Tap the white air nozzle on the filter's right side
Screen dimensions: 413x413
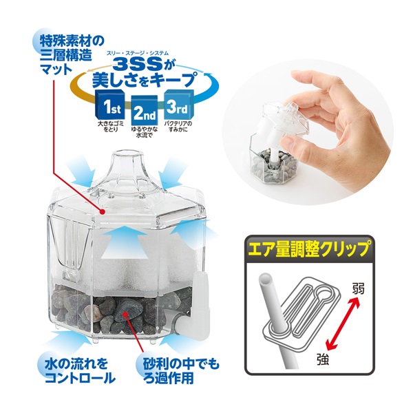pyautogui.click(x=201, y=293)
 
